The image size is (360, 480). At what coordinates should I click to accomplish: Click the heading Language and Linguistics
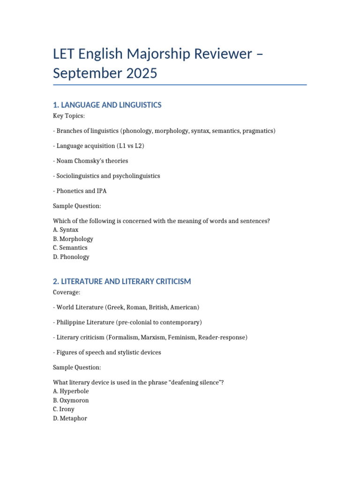point(107,105)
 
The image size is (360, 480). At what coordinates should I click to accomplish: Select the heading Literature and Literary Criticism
point(122,281)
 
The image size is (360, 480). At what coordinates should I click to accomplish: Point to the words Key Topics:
point(69,116)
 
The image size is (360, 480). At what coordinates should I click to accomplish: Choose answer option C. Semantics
point(70,247)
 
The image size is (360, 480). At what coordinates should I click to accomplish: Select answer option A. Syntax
point(66,230)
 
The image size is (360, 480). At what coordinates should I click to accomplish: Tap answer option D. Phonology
point(71,257)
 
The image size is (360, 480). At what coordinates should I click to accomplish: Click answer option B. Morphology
point(73,239)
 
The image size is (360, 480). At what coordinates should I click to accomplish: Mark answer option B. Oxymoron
point(71,400)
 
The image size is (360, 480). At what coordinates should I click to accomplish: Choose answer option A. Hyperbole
point(71,391)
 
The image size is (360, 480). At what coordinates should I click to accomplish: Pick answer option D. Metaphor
point(70,418)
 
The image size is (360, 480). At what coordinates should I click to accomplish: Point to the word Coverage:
point(68,292)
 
